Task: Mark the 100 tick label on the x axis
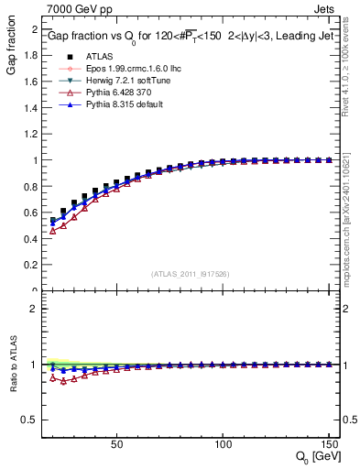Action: click(222, 444)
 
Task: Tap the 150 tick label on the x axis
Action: click(327, 444)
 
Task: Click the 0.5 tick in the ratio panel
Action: click(29, 420)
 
